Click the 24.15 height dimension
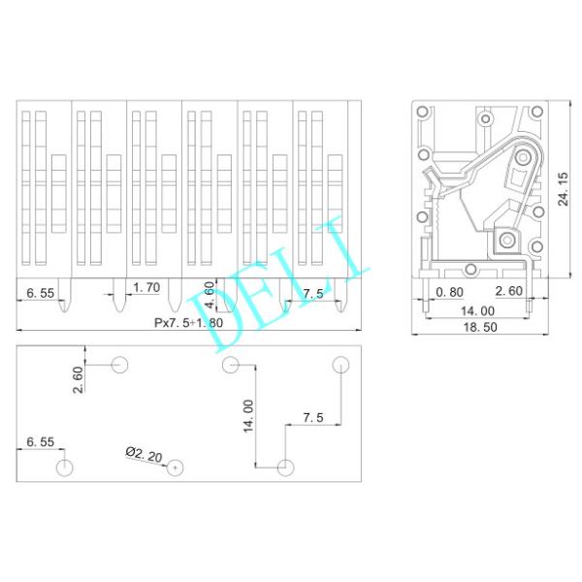[x=564, y=183]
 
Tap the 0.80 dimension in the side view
[x=449, y=292]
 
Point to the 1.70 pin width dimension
[x=146, y=288]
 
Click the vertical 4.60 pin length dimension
[x=210, y=295]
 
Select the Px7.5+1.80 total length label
[x=189, y=322]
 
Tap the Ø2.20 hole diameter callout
[x=144, y=454]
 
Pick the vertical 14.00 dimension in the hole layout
[x=248, y=414]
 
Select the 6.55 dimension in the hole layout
[x=41, y=442]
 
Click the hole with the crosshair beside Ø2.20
[x=175, y=468]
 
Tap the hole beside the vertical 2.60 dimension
[x=120, y=365]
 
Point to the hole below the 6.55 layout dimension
[x=64, y=468]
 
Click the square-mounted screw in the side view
[x=504, y=238]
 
